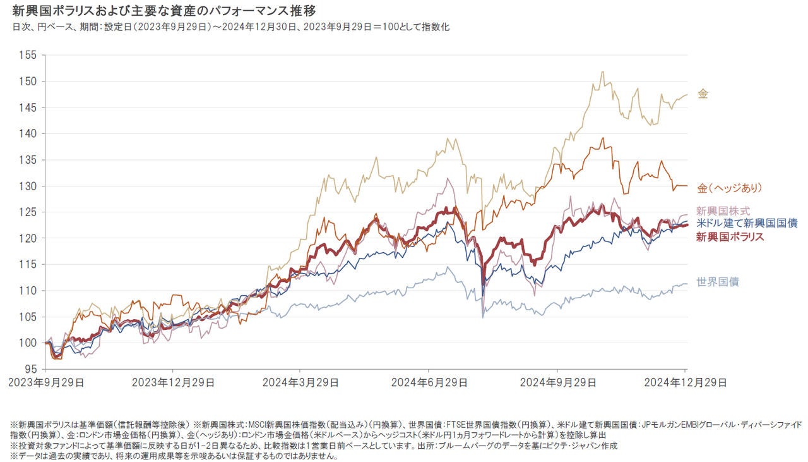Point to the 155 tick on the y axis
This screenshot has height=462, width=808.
pyautogui.click(x=31, y=56)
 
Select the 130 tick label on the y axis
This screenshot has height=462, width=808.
pyautogui.click(x=31, y=186)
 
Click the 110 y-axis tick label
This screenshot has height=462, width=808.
pyautogui.click(x=31, y=291)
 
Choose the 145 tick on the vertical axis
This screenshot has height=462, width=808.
pyautogui.click(x=31, y=108)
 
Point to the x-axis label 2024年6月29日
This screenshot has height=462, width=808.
pyautogui.click(x=429, y=383)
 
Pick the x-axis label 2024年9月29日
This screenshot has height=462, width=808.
pyautogui.click(x=557, y=383)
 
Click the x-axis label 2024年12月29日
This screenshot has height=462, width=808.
pyautogui.click(x=686, y=383)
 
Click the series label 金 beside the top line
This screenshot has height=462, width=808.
pyautogui.click(x=703, y=94)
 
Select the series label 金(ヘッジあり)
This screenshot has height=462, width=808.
pyautogui.click(x=730, y=188)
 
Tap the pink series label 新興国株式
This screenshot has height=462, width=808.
pyautogui.click(x=723, y=212)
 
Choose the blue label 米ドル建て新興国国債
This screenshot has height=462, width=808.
pyautogui.click(x=747, y=224)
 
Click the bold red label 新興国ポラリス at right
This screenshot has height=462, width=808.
pyautogui.click(x=730, y=237)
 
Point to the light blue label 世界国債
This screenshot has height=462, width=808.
pyautogui.click(x=717, y=282)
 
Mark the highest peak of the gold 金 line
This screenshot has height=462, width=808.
pyautogui.click(x=602, y=71)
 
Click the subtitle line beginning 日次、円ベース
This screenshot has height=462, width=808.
pyautogui.click(x=230, y=28)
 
